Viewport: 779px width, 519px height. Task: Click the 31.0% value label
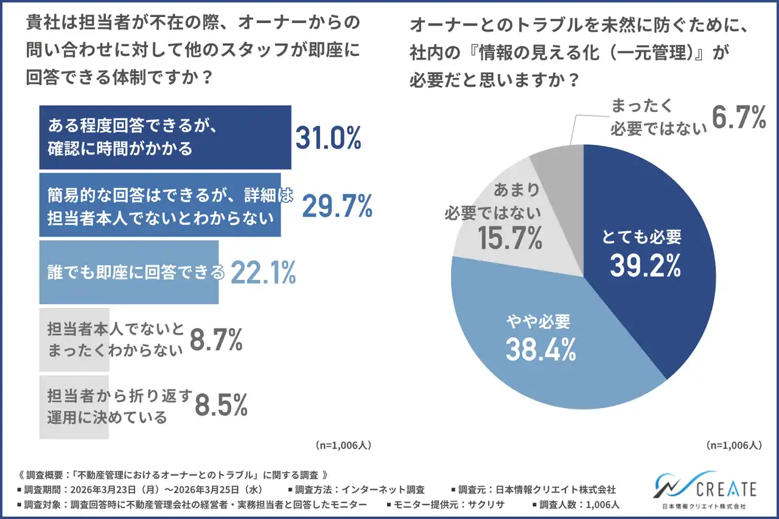329,139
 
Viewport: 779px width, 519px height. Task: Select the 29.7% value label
337,207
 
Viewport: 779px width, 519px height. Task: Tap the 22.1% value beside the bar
261,273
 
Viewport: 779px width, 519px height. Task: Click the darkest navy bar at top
164,137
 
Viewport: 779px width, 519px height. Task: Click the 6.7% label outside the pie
738,117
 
